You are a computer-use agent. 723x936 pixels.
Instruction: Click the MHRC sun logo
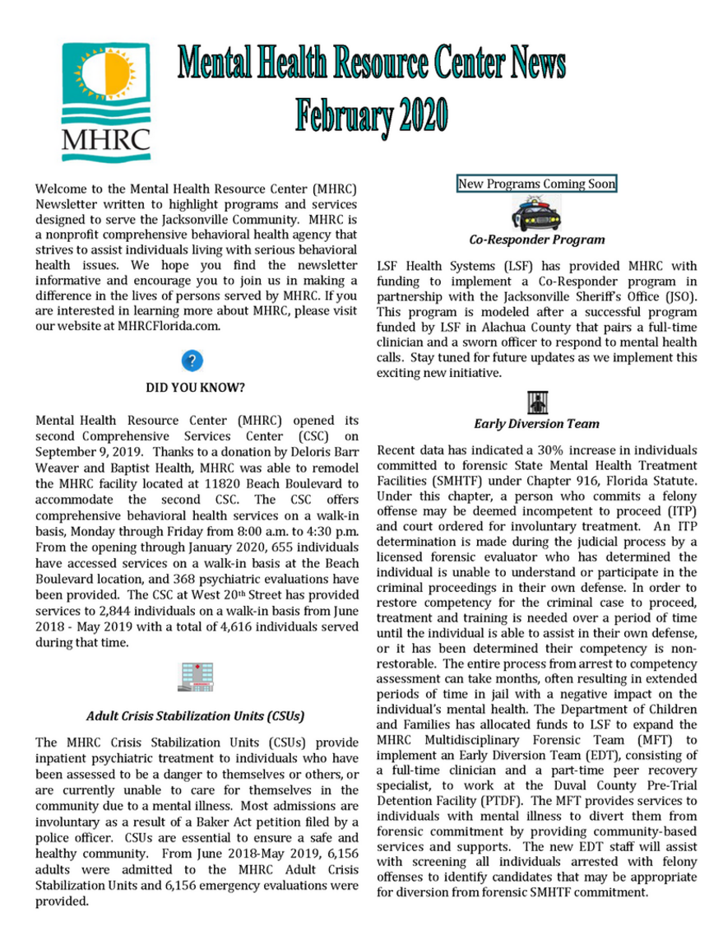(105, 101)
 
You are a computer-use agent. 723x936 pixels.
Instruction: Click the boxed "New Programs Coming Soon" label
(536, 184)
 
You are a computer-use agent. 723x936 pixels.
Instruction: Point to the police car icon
(535, 215)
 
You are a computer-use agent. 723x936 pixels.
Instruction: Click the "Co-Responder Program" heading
(536, 240)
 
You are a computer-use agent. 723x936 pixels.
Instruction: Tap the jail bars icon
(536, 403)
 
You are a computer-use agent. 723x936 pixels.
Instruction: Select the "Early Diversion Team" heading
(536, 424)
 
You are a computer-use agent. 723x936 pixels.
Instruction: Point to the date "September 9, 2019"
(88, 452)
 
